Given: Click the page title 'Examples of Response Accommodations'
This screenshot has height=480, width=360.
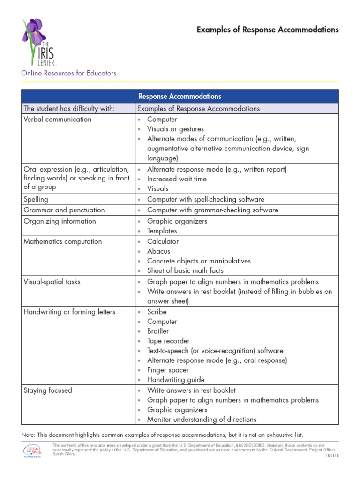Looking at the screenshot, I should tap(267, 30).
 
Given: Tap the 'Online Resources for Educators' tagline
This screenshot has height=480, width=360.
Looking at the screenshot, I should tap(68, 73).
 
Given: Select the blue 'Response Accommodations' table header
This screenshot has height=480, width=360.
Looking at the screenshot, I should tap(180, 96).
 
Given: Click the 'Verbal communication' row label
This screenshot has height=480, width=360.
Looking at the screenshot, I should tap(58, 119).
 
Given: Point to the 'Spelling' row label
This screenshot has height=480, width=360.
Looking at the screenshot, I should tap(36, 199).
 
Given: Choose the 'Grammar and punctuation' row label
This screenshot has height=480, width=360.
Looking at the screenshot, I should tap(64, 210).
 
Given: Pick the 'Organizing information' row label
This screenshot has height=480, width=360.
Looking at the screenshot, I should tap(60, 221).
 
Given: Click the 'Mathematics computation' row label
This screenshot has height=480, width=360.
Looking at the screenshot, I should tap(62, 241).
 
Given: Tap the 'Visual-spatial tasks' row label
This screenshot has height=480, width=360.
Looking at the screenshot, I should tap(52, 282).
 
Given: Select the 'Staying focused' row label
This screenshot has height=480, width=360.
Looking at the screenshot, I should tap(48, 390).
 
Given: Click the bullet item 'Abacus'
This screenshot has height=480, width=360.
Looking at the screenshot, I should tap(158, 251).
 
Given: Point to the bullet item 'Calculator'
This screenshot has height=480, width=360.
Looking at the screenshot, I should tap(163, 241).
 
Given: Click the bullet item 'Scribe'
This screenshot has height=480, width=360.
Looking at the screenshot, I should tap(157, 312).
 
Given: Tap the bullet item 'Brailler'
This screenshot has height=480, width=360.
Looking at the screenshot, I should tap(158, 331).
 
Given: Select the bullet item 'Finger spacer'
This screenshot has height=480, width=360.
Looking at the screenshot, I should tap(168, 370).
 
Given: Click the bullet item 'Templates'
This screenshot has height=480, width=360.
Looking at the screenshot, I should tap(162, 231).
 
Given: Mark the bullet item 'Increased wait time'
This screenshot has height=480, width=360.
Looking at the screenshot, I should tap(177, 179).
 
